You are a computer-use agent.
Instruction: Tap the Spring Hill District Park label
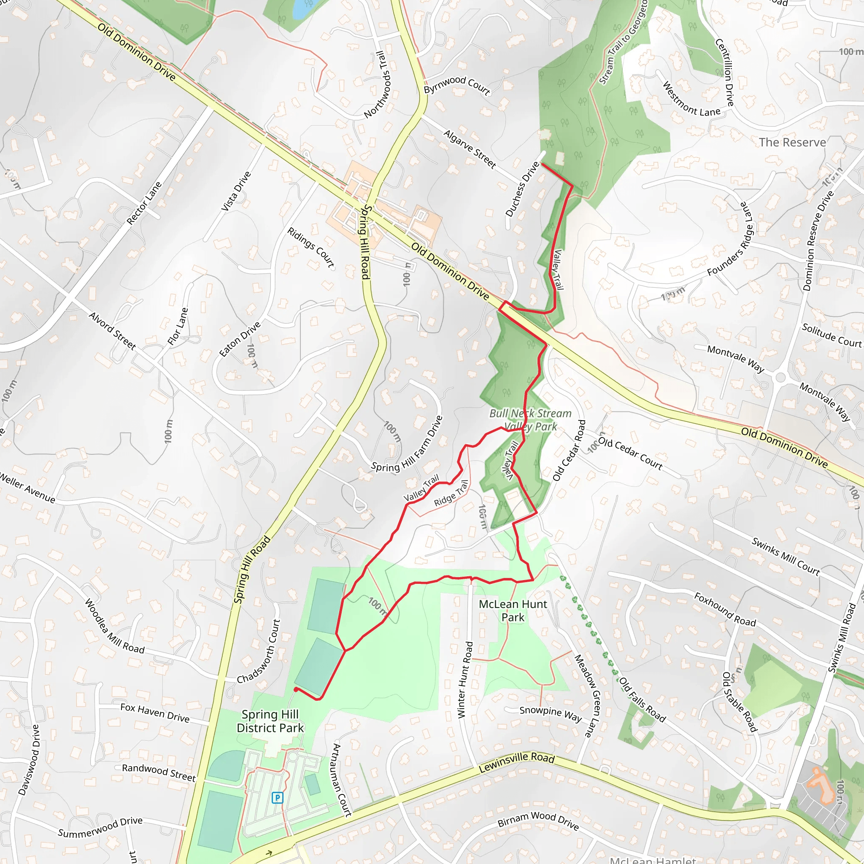[270, 721]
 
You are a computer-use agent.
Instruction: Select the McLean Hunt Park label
[513, 610]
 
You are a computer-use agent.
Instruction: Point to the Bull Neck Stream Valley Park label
[530, 419]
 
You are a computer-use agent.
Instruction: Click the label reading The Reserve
[792, 142]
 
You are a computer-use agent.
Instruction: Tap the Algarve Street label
[470, 149]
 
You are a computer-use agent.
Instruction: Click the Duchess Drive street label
[522, 189]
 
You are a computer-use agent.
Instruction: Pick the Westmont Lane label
[691, 99]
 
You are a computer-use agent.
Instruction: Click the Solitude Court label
[832, 335]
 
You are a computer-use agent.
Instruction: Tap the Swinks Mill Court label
[786, 556]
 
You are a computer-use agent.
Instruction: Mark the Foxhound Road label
[725, 609]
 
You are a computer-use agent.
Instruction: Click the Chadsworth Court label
[259, 651]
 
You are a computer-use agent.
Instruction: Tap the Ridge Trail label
[451, 493]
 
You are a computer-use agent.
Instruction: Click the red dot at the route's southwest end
[296, 690]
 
